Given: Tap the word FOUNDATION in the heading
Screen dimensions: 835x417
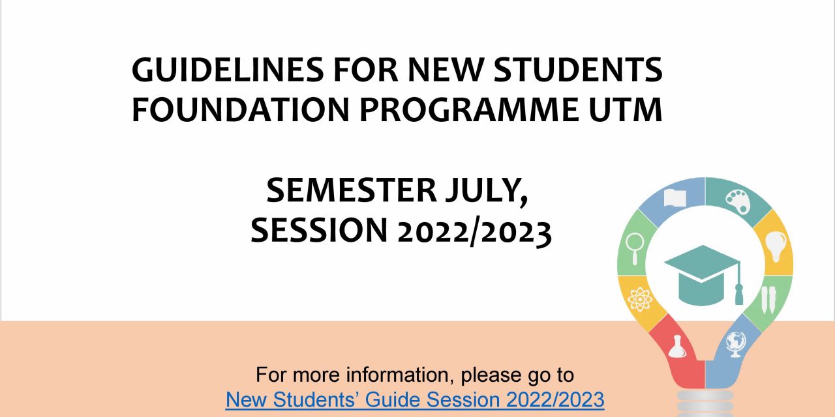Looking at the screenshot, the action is pyautogui.click(x=240, y=109).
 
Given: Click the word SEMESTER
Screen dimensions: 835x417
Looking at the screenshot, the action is pyautogui.click(x=351, y=190).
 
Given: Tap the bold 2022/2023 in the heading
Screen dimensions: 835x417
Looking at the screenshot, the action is pyautogui.click(x=474, y=231).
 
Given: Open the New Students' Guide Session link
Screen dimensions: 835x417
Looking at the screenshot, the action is pyautogui.click(x=415, y=399).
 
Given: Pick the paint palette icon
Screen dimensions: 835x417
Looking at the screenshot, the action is pyautogui.click(x=738, y=201).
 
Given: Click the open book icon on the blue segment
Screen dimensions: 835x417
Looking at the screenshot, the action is pyautogui.click(x=675, y=198).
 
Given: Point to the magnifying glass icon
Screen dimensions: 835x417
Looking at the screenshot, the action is pyautogui.click(x=635, y=248).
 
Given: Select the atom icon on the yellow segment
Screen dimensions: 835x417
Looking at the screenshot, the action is pyautogui.click(x=640, y=299).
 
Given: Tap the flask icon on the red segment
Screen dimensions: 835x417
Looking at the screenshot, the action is pyautogui.click(x=677, y=347).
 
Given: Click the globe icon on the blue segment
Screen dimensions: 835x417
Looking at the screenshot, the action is pyautogui.click(x=736, y=344).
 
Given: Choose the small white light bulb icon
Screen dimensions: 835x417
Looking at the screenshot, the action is pyautogui.click(x=776, y=246).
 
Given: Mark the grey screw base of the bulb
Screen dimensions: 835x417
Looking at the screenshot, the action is pyautogui.click(x=705, y=403).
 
